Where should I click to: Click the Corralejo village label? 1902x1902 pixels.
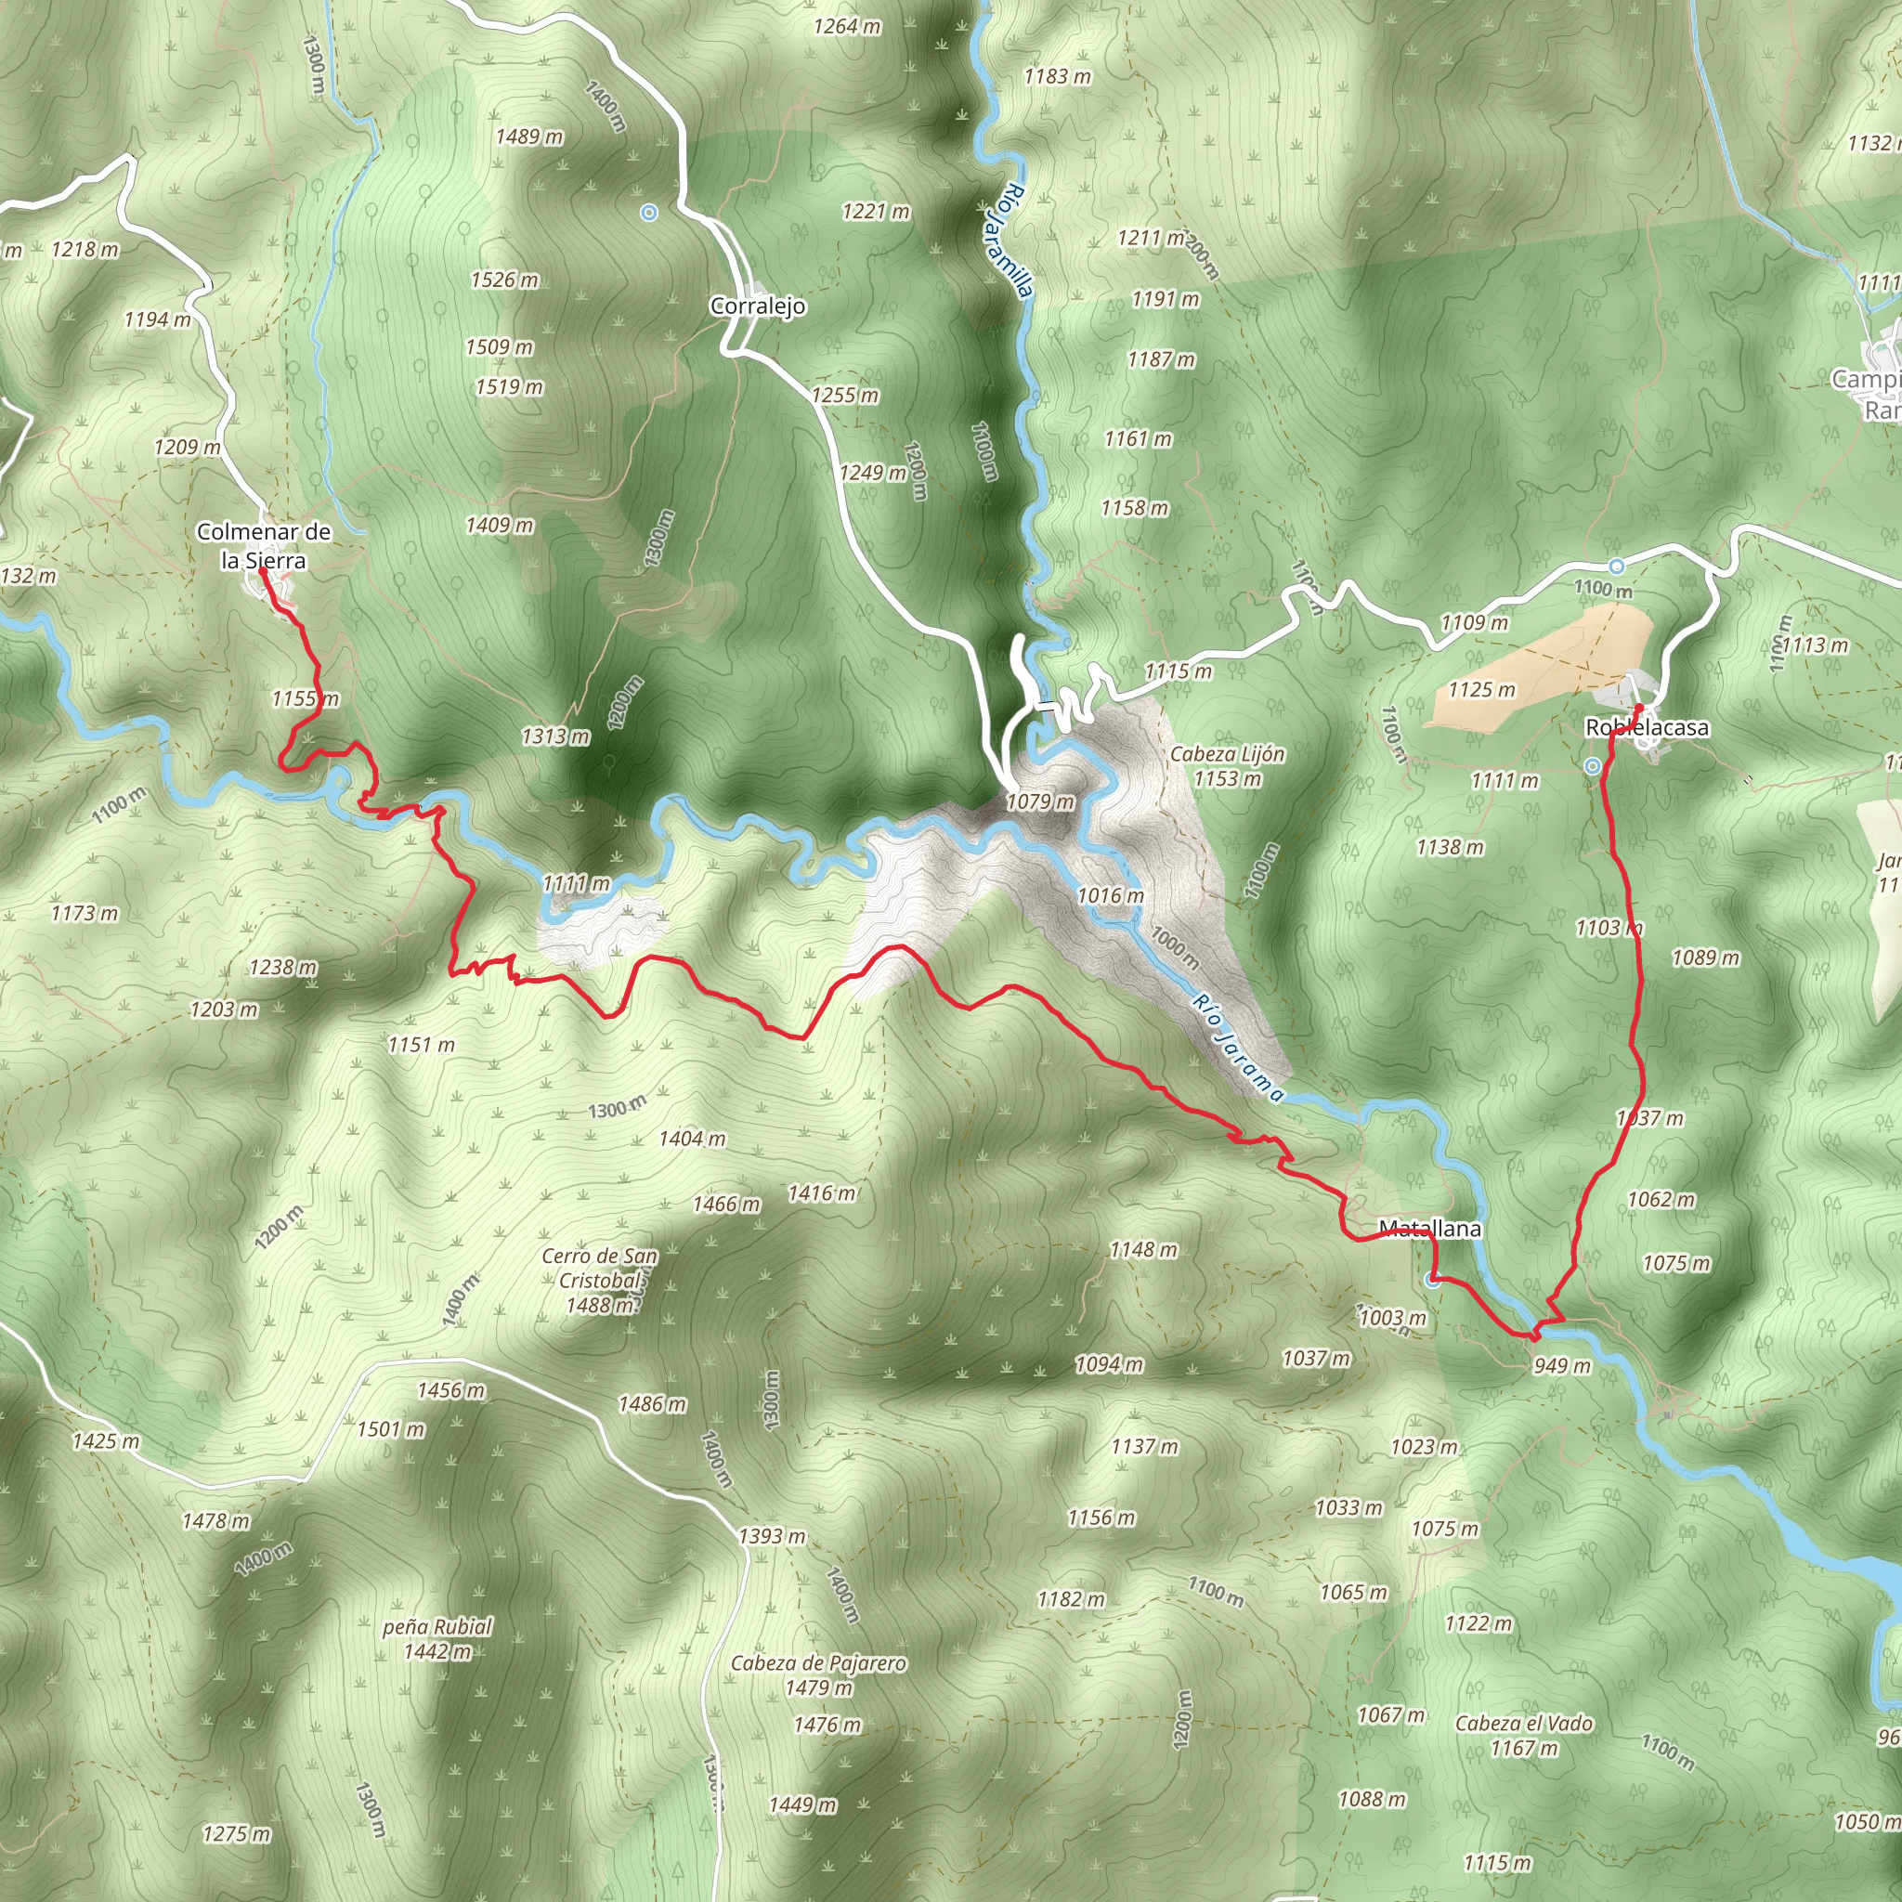click(758, 306)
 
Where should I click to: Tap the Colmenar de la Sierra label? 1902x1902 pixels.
click(264, 546)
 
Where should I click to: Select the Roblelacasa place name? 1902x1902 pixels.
click(1647, 727)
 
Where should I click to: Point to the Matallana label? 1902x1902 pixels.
click(1429, 1229)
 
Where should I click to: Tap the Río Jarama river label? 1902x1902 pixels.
click(1239, 1047)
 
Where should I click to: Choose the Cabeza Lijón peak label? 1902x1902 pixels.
click(1228, 754)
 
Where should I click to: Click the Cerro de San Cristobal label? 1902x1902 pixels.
click(600, 1268)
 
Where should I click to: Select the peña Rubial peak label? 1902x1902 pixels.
click(437, 1626)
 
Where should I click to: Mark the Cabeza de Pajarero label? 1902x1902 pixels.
click(818, 1662)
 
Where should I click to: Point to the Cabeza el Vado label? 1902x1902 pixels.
click(1524, 1723)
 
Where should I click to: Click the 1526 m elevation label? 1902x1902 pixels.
click(504, 280)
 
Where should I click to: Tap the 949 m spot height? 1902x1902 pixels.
click(1561, 1365)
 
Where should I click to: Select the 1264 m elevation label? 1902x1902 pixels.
click(847, 27)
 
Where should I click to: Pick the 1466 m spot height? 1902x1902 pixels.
click(725, 1204)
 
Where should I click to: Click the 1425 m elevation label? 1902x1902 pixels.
click(105, 1441)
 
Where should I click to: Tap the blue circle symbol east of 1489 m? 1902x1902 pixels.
click(649, 212)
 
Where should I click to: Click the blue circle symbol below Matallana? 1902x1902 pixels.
click(1433, 1280)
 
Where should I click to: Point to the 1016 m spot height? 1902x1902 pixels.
click(1110, 895)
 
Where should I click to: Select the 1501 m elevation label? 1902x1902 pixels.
click(391, 1428)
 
